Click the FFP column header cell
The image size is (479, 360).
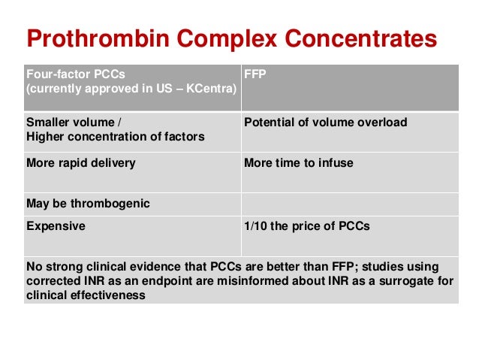coord(349,87)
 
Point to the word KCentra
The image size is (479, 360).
coord(209,89)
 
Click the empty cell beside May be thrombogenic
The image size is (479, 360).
coord(349,203)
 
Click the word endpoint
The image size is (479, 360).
coord(181,282)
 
